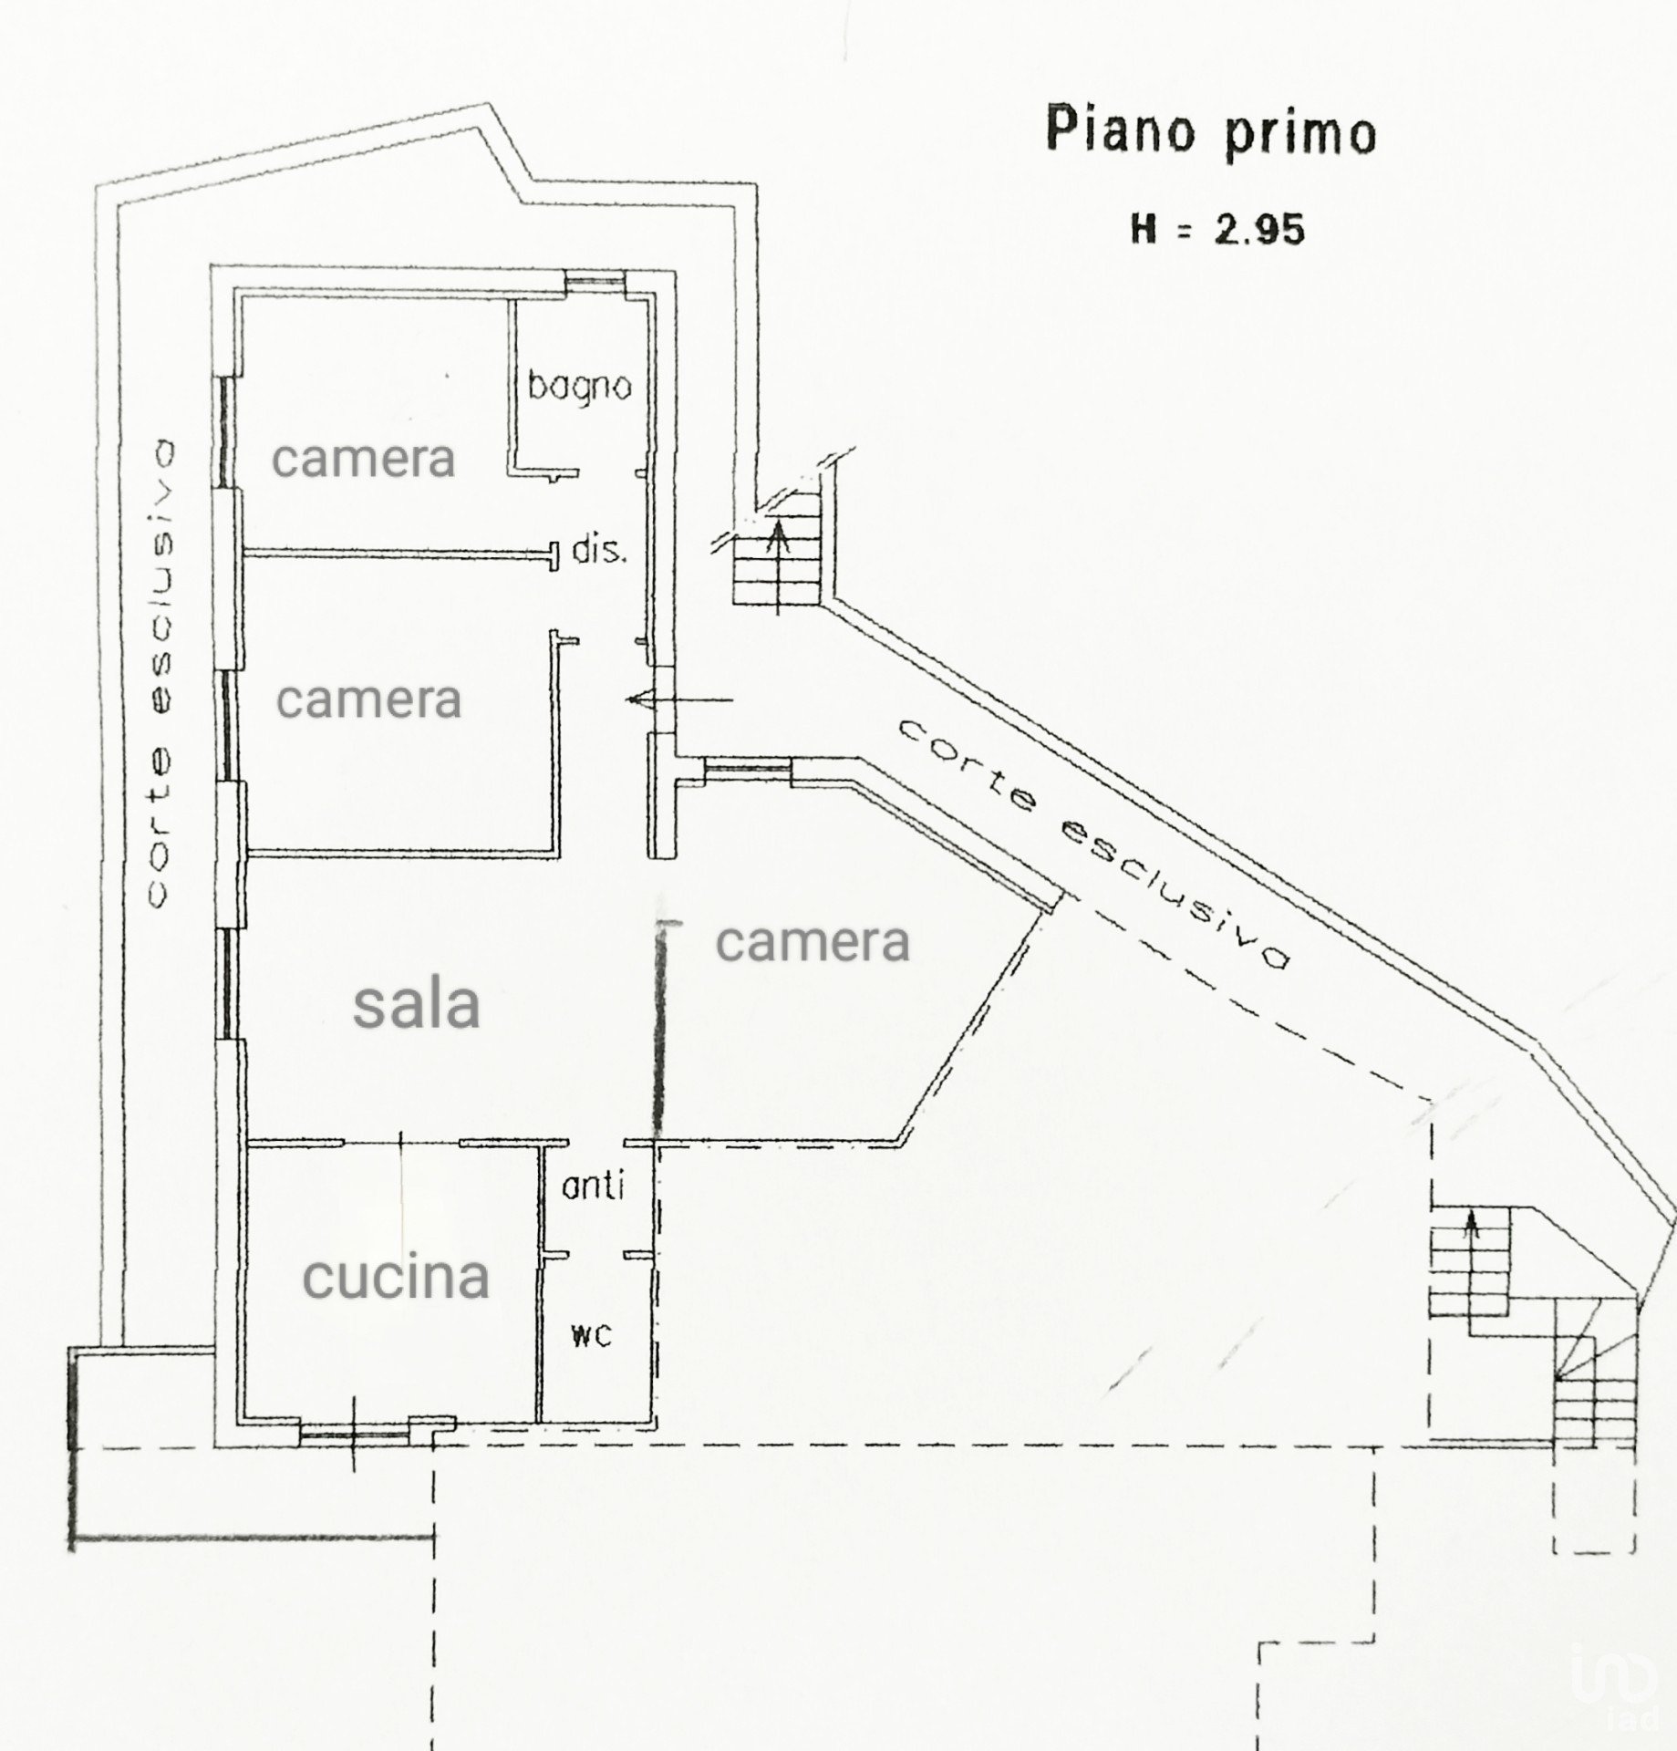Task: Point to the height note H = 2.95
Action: click(1217, 228)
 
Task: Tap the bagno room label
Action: click(580, 387)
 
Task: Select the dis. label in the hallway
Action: click(599, 550)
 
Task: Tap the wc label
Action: click(591, 1335)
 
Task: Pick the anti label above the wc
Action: click(593, 1186)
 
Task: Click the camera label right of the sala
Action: click(813, 941)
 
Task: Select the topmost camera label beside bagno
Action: click(364, 458)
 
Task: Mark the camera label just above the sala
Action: click(369, 699)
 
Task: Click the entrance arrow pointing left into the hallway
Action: click(679, 700)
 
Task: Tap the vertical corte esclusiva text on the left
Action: click(161, 673)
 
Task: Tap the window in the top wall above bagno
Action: click(595, 282)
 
